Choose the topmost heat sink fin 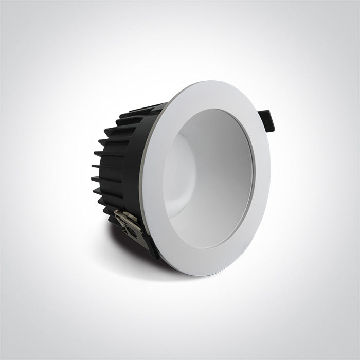point(149,106)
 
